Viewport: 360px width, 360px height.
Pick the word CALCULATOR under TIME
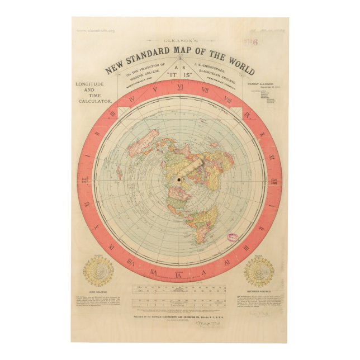tap(94, 101)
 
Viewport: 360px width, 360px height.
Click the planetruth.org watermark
tap(96, 31)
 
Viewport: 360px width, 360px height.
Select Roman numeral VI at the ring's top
tap(179, 88)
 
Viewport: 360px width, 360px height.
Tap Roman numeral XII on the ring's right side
tap(274, 181)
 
